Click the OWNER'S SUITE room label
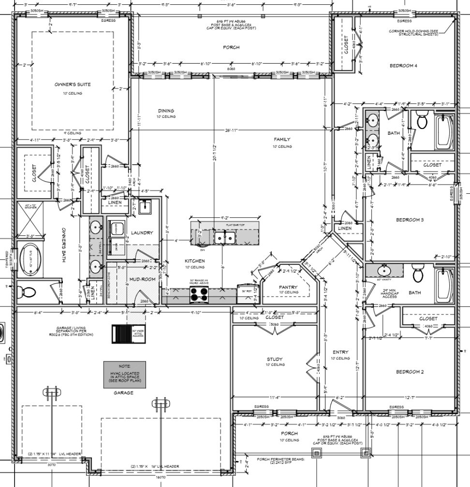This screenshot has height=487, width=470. pyautogui.click(x=73, y=85)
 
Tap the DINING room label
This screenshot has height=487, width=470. pyautogui.click(x=165, y=111)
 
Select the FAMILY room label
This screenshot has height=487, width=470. pyautogui.click(x=282, y=140)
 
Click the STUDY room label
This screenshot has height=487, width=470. pyautogui.click(x=274, y=359)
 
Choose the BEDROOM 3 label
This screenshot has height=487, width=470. pyautogui.click(x=410, y=220)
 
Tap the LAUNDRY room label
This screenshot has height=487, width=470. pyautogui.click(x=142, y=233)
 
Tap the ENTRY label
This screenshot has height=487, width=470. pyautogui.click(x=341, y=352)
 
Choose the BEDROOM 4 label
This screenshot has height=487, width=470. pyautogui.click(x=403, y=66)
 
